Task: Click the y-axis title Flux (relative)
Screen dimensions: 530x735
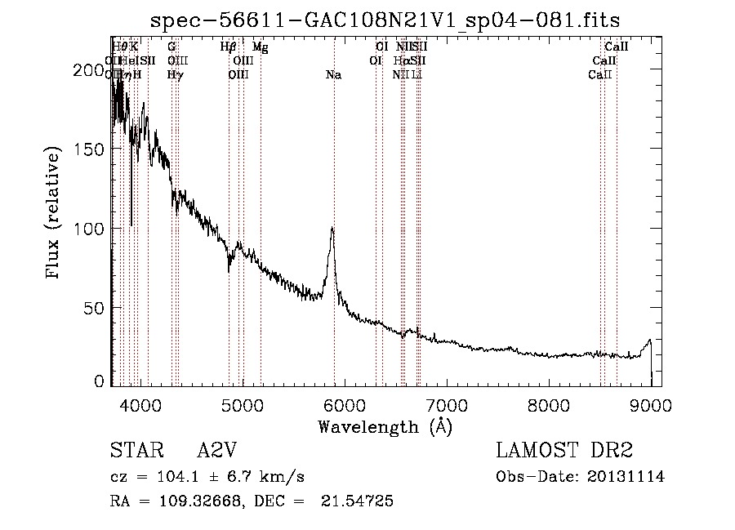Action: pos(55,214)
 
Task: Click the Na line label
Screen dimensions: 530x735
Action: pos(333,75)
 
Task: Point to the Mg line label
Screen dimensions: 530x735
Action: pos(260,47)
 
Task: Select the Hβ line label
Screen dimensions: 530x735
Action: pos(229,47)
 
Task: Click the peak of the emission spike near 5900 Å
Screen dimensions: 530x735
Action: pos(332,229)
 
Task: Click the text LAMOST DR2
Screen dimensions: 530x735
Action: pos(564,452)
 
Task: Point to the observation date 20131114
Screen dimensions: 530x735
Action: pos(626,477)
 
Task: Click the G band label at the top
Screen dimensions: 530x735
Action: pos(171,47)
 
